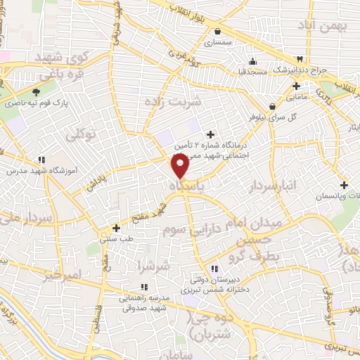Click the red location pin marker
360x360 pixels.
coord(181,167)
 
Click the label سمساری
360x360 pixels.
coord(218,42)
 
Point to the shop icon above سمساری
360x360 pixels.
coord(219,31)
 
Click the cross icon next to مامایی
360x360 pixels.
coord(296,86)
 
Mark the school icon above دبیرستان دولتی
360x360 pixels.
coord(215,268)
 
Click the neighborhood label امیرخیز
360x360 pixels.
coord(62,276)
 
